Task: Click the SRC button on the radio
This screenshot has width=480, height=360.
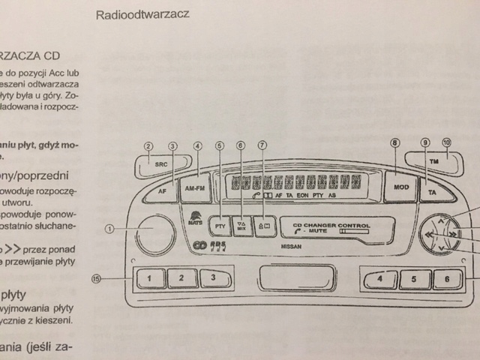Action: (x=159, y=163)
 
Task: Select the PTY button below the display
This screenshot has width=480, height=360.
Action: (x=220, y=226)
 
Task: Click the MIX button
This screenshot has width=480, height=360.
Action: (x=241, y=225)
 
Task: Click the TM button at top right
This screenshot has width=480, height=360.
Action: (x=433, y=161)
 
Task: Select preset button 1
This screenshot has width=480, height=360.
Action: (x=150, y=280)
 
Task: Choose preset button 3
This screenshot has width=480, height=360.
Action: (x=214, y=279)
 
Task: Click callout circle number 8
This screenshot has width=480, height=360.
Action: (x=395, y=144)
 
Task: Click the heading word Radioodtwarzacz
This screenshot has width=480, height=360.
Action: (x=142, y=14)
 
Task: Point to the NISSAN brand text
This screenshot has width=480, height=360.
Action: (x=292, y=245)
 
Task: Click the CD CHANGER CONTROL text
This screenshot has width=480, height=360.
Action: (x=331, y=224)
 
